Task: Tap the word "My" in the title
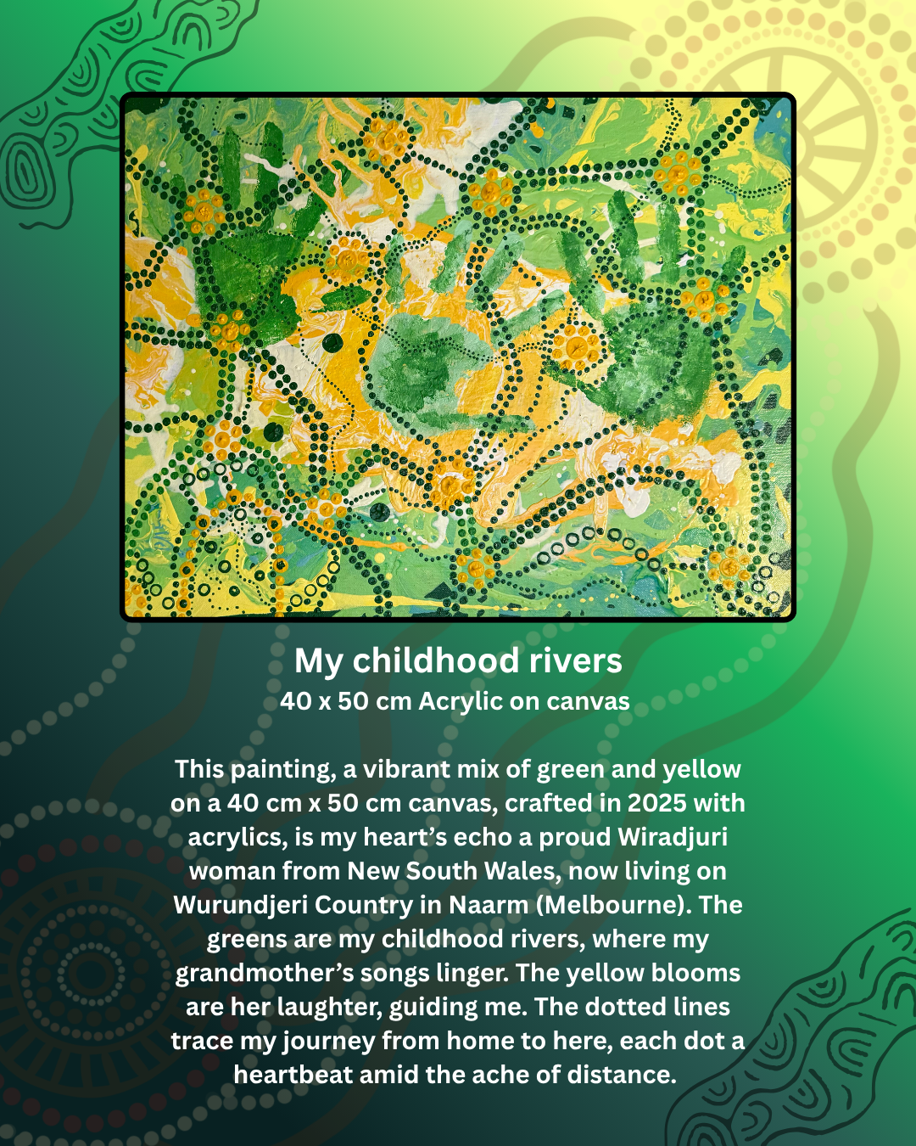click(x=319, y=661)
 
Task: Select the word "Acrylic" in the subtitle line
click(x=461, y=701)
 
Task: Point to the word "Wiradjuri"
click(x=673, y=837)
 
